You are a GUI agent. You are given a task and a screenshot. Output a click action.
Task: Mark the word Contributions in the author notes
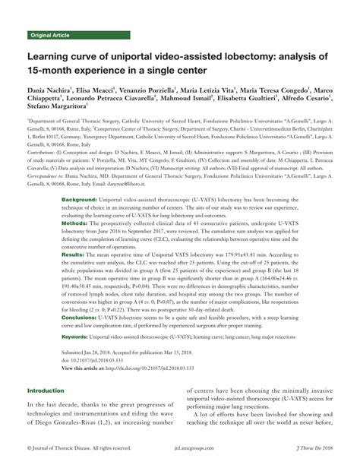(44, 150)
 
